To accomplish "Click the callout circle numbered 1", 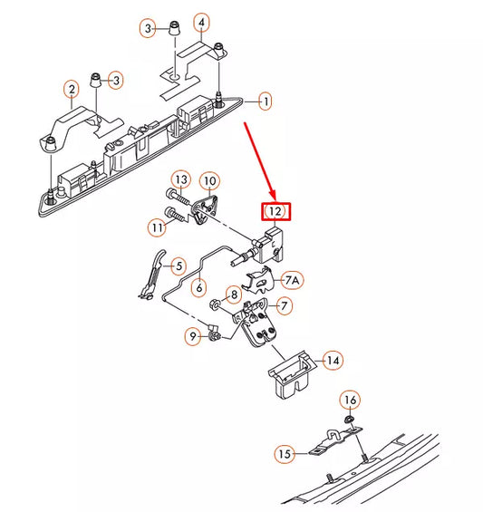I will [265, 101].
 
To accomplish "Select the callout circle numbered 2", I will [71, 89].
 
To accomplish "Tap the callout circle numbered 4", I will [201, 22].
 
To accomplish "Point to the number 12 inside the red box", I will [276, 213].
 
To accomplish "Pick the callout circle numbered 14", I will [333, 361].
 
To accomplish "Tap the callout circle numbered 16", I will [351, 400].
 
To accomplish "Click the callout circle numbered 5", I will [179, 266].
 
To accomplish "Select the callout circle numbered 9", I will [192, 336].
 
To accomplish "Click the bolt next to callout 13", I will [176, 196].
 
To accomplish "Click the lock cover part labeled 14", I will [289, 373].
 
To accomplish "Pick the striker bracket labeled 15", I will [332, 443].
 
